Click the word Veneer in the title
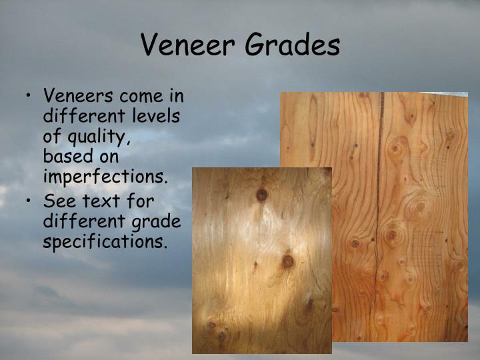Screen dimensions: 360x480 coord(188,45)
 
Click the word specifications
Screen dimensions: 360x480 coord(105,241)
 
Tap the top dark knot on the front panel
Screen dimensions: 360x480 coord(261,194)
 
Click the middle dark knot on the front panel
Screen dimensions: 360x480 coord(287,261)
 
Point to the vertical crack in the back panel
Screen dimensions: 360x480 coord(379,200)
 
